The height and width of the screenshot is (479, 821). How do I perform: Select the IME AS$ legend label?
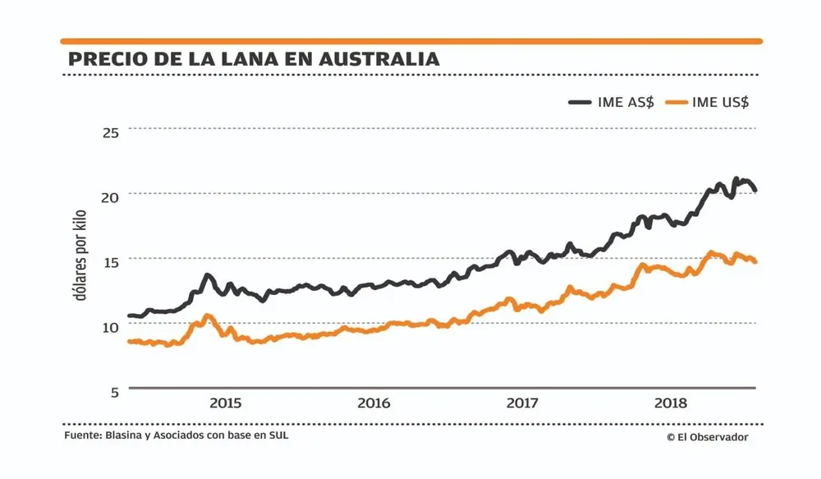point(626,102)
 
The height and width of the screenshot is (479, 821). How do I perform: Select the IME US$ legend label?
point(720,102)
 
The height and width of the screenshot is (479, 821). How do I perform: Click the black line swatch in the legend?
point(581,102)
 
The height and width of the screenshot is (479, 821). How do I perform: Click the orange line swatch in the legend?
point(675,102)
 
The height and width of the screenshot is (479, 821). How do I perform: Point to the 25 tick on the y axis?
point(110,131)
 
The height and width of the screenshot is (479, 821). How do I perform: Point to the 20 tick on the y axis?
point(110,196)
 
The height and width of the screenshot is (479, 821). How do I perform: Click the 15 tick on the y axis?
point(110,261)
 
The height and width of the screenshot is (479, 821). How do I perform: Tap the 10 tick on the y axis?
point(110,326)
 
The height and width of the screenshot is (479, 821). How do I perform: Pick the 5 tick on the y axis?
point(114,391)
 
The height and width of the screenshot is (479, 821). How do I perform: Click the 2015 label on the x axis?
point(225,403)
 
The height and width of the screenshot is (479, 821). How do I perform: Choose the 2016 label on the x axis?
point(374,403)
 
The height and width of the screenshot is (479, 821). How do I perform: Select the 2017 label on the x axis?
point(522,403)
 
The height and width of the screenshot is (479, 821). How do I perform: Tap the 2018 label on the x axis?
point(671,403)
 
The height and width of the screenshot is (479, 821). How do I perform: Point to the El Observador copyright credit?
point(707,438)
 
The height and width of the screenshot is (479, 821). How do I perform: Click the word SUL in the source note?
point(278,435)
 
